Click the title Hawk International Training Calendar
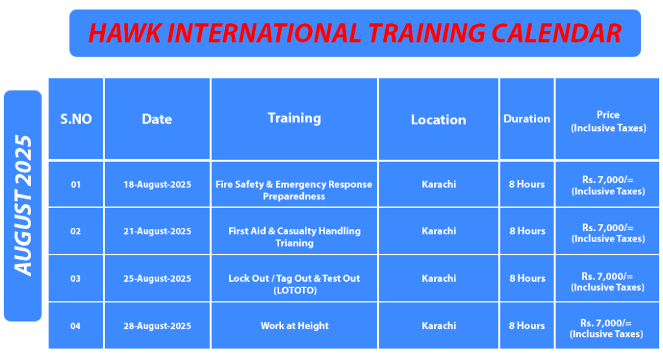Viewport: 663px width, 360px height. [x=355, y=33]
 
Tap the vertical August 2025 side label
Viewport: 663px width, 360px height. [x=23, y=206]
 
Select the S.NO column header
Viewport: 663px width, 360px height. [x=76, y=119]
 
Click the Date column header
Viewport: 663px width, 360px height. [x=157, y=119]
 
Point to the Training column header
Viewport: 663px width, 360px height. [x=295, y=118]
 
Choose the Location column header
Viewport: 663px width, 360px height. [x=438, y=120]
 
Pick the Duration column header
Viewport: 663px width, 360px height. [x=527, y=119]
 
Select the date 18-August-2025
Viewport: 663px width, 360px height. [x=157, y=185]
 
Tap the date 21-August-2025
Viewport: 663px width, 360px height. [x=157, y=231]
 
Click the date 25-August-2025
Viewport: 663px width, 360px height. [x=157, y=278]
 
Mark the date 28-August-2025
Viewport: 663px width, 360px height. [x=157, y=326]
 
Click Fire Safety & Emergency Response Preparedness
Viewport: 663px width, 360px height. [x=294, y=190]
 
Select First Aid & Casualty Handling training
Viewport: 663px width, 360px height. [x=295, y=237]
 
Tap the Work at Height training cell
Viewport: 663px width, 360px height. [x=295, y=326]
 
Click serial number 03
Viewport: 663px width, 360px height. [x=76, y=278]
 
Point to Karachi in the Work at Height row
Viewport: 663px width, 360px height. [x=439, y=326]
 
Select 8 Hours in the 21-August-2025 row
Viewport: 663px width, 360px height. [x=527, y=231]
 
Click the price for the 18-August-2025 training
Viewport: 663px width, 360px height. [x=609, y=185]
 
